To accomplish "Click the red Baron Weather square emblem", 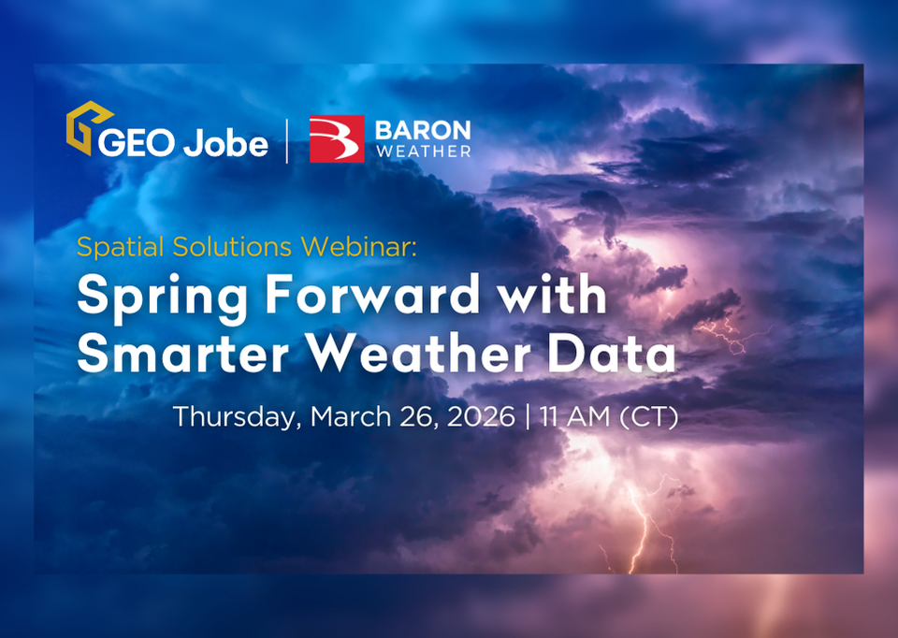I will click(x=337, y=139).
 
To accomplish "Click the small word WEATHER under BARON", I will click(x=423, y=151).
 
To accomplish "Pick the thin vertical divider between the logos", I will click(x=288, y=140).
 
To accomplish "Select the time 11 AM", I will click(x=576, y=416).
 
